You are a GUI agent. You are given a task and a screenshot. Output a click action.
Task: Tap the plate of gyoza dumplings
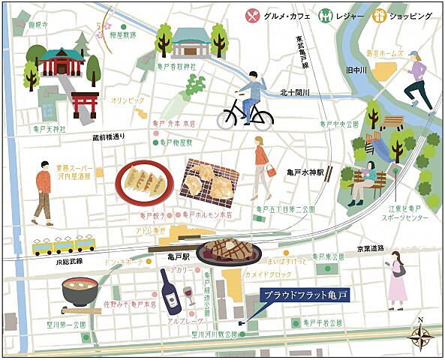145,182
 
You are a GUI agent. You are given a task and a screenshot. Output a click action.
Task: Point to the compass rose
420,335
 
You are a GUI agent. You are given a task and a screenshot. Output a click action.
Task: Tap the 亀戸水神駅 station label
304,172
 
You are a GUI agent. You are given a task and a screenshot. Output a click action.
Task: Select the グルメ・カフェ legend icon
251,13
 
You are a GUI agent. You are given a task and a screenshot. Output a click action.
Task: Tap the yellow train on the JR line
64,244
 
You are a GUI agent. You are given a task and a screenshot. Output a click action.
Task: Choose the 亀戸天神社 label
50,129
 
